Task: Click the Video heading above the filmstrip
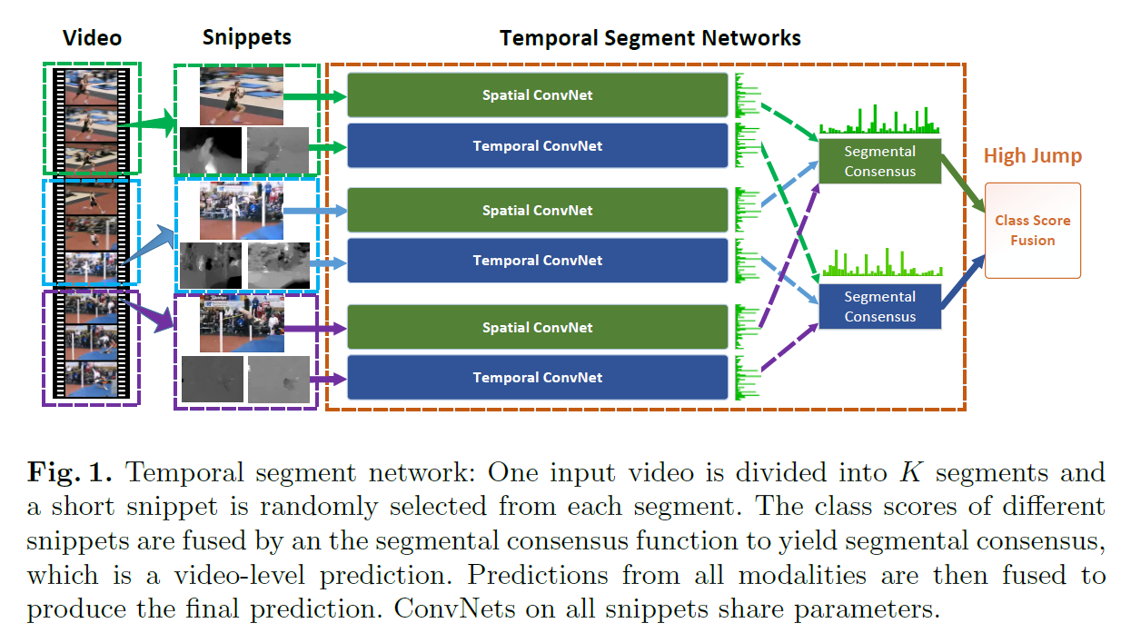92,38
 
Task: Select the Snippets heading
246,38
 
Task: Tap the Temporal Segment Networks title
650,38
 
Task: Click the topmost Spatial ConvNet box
538,95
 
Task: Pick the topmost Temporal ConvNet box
538,146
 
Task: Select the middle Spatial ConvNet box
538,210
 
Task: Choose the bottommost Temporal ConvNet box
538,378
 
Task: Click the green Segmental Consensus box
879,161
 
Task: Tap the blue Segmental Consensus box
879,307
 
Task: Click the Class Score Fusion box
1032,231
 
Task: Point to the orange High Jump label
1032,156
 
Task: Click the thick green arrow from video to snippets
150,126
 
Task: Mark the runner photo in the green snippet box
242,96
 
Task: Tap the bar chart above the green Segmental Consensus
878,121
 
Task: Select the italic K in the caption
909,473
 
